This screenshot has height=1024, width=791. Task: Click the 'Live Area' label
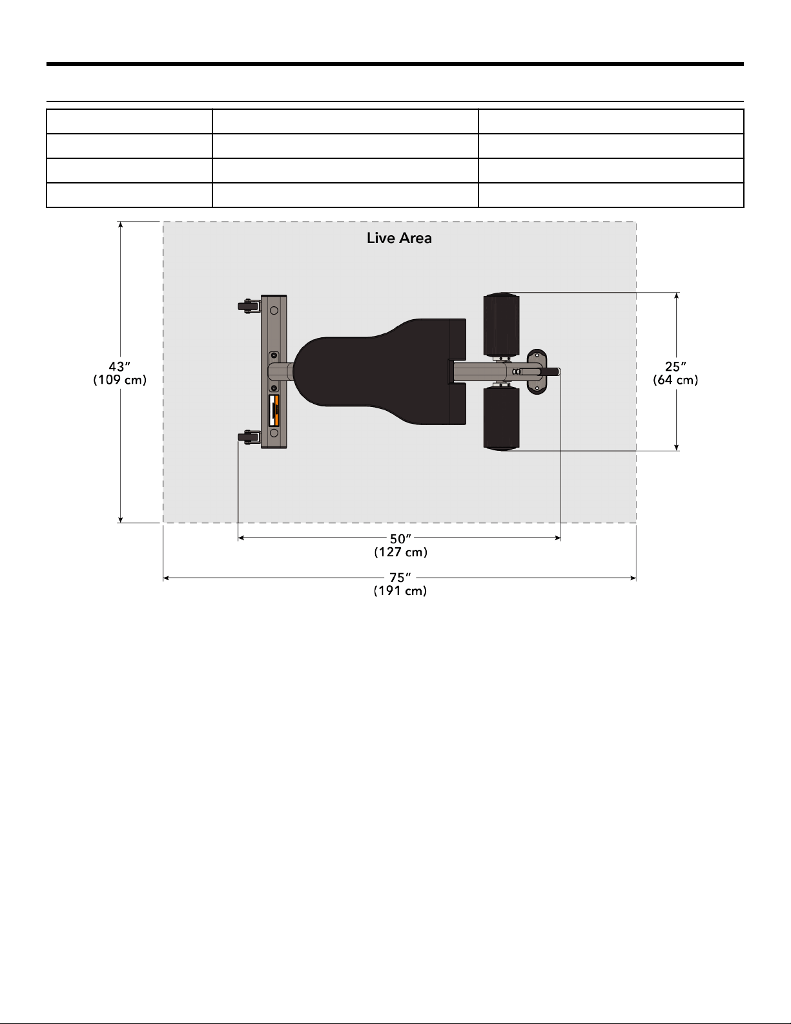tap(399, 238)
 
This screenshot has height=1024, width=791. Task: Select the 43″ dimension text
tap(119, 366)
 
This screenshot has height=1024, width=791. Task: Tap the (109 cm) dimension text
tap(119, 380)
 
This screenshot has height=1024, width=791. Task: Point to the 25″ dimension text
tap(675, 366)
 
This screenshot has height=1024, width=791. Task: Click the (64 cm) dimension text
tap(675, 380)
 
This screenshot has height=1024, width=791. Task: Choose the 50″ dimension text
tap(401, 539)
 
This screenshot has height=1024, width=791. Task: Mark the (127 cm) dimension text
tap(401, 552)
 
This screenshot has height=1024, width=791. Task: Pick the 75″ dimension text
tap(400, 578)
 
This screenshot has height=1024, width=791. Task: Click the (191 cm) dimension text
tap(400, 591)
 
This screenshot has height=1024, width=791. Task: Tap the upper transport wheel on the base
tap(249, 306)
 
